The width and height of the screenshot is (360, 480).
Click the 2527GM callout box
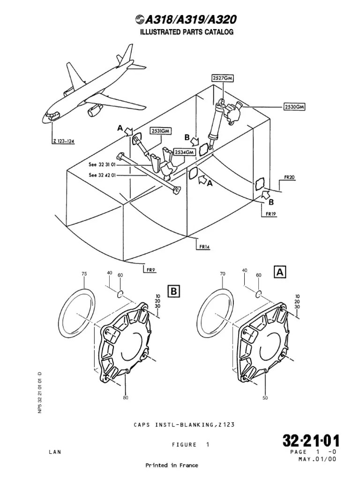point(222,78)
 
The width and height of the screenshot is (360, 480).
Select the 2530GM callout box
point(294,107)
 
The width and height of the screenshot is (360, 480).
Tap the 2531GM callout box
point(160,131)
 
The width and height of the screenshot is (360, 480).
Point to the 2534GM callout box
point(184,152)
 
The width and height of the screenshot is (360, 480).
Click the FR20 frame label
point(290,178)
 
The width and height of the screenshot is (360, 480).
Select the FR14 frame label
point(204,247)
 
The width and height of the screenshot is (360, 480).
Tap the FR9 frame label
point(150,270)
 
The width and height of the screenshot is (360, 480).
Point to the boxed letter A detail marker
point(280,271)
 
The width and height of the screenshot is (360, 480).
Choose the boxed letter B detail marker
point(173,292)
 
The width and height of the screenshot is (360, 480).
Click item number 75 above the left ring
point(84,274)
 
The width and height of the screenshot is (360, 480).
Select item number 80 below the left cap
point(125,397)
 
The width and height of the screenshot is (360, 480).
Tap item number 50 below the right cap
point(265,397)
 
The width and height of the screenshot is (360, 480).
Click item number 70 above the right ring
point(223,274)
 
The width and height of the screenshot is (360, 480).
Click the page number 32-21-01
point(310,441)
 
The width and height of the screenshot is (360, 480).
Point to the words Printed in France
point(172,465)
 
